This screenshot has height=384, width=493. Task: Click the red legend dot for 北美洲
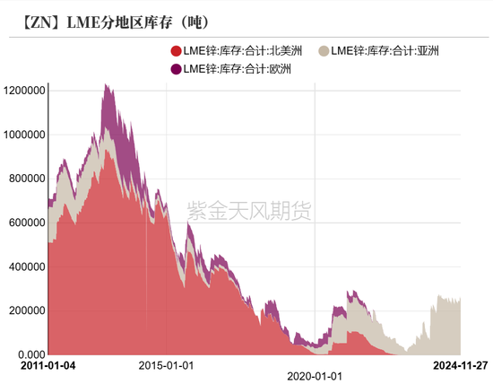pos(175,50)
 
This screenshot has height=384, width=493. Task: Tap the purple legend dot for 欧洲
pos(175,68)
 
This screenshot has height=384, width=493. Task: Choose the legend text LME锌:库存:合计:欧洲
pos(237,68)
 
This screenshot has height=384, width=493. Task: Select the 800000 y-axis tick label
pos(27,179)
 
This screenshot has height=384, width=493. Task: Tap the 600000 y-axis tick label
pos(27,223)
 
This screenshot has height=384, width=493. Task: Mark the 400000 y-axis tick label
pos(27,266)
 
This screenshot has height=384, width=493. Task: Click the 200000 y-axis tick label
pos(27,310)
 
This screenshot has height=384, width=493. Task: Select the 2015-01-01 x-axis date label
pos(167,365)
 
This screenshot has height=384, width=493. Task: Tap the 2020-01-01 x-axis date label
pos(316,365)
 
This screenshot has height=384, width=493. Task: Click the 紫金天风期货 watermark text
pos(248,211)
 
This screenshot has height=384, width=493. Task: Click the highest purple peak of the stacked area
pos(107,87)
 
